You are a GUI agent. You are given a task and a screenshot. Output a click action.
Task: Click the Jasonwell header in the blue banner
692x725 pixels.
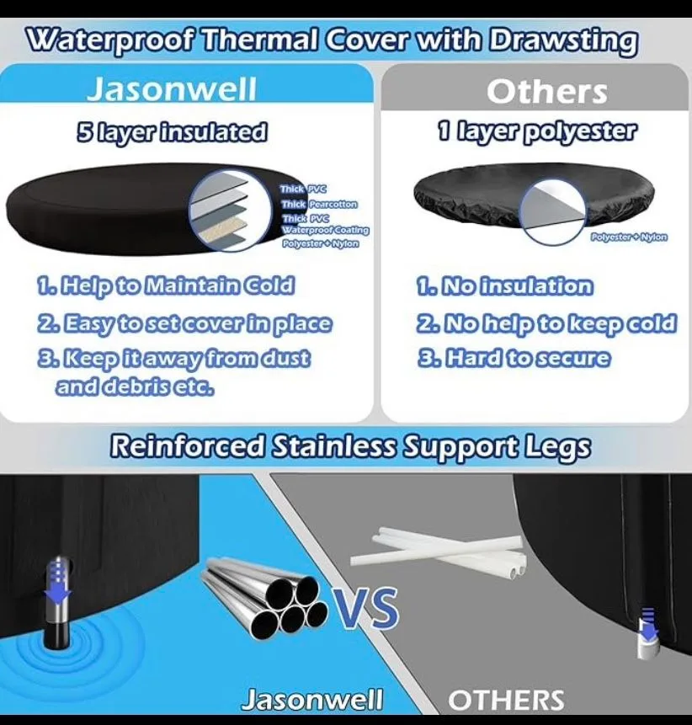coord(171,90)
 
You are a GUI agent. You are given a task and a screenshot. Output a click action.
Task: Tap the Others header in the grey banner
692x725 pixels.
coord(546,92)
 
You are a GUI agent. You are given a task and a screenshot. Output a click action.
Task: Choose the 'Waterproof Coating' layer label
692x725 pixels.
coord(325,231)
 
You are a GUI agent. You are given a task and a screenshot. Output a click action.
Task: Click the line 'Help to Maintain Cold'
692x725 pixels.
coord(165,285)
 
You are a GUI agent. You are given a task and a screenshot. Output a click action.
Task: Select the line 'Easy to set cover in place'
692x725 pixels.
coord(184,323)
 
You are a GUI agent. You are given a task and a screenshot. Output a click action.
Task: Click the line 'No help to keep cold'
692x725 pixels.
coord(546,323)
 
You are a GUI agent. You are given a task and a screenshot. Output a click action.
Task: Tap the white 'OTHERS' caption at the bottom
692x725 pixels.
coord(505,699)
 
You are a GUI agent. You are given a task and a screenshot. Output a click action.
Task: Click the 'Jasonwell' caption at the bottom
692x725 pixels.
coord(311,699)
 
